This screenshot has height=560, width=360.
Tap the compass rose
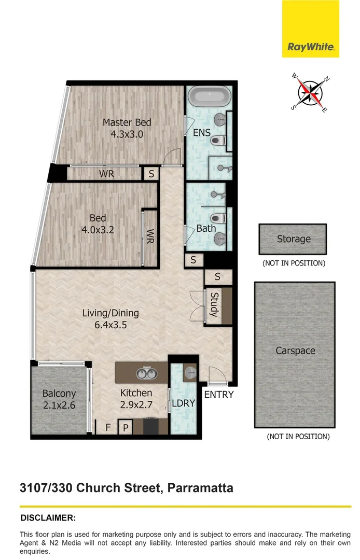coord(310,93)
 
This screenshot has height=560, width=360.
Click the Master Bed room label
coord(127,122)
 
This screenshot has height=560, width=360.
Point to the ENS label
coord(202,133)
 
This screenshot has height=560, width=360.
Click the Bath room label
coord(206,228)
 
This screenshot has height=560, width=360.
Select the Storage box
coord(293,239)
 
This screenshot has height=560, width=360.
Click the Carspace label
coord(295,351)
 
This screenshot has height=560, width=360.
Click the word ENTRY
coord(218,395)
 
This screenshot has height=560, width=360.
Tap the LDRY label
coord(183,403)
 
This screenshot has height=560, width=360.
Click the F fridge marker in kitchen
coord(108,428)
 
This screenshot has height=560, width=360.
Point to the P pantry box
coord(125,428)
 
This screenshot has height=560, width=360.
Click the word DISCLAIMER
coord(48,517)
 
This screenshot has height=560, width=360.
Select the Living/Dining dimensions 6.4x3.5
coord(110,326)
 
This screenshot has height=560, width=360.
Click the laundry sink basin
coord(190,371)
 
